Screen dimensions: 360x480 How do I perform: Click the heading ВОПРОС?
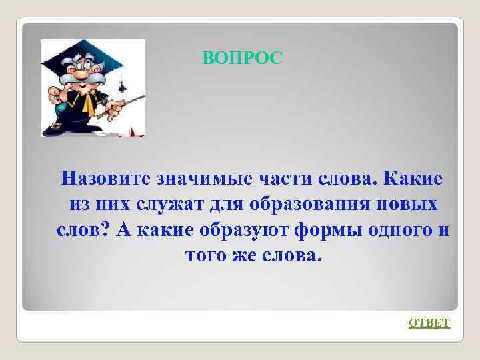coord(243,59)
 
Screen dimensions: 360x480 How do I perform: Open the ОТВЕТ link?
coord(429,323)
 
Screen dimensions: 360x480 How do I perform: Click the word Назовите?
coord(106,179)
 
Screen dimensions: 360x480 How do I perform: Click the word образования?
coord(319,205)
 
